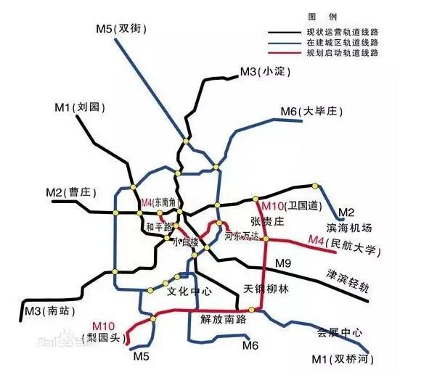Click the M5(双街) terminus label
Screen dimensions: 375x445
123,28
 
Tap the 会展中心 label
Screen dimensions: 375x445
340,332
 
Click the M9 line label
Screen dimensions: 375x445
282,262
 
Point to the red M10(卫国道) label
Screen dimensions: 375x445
290,206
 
